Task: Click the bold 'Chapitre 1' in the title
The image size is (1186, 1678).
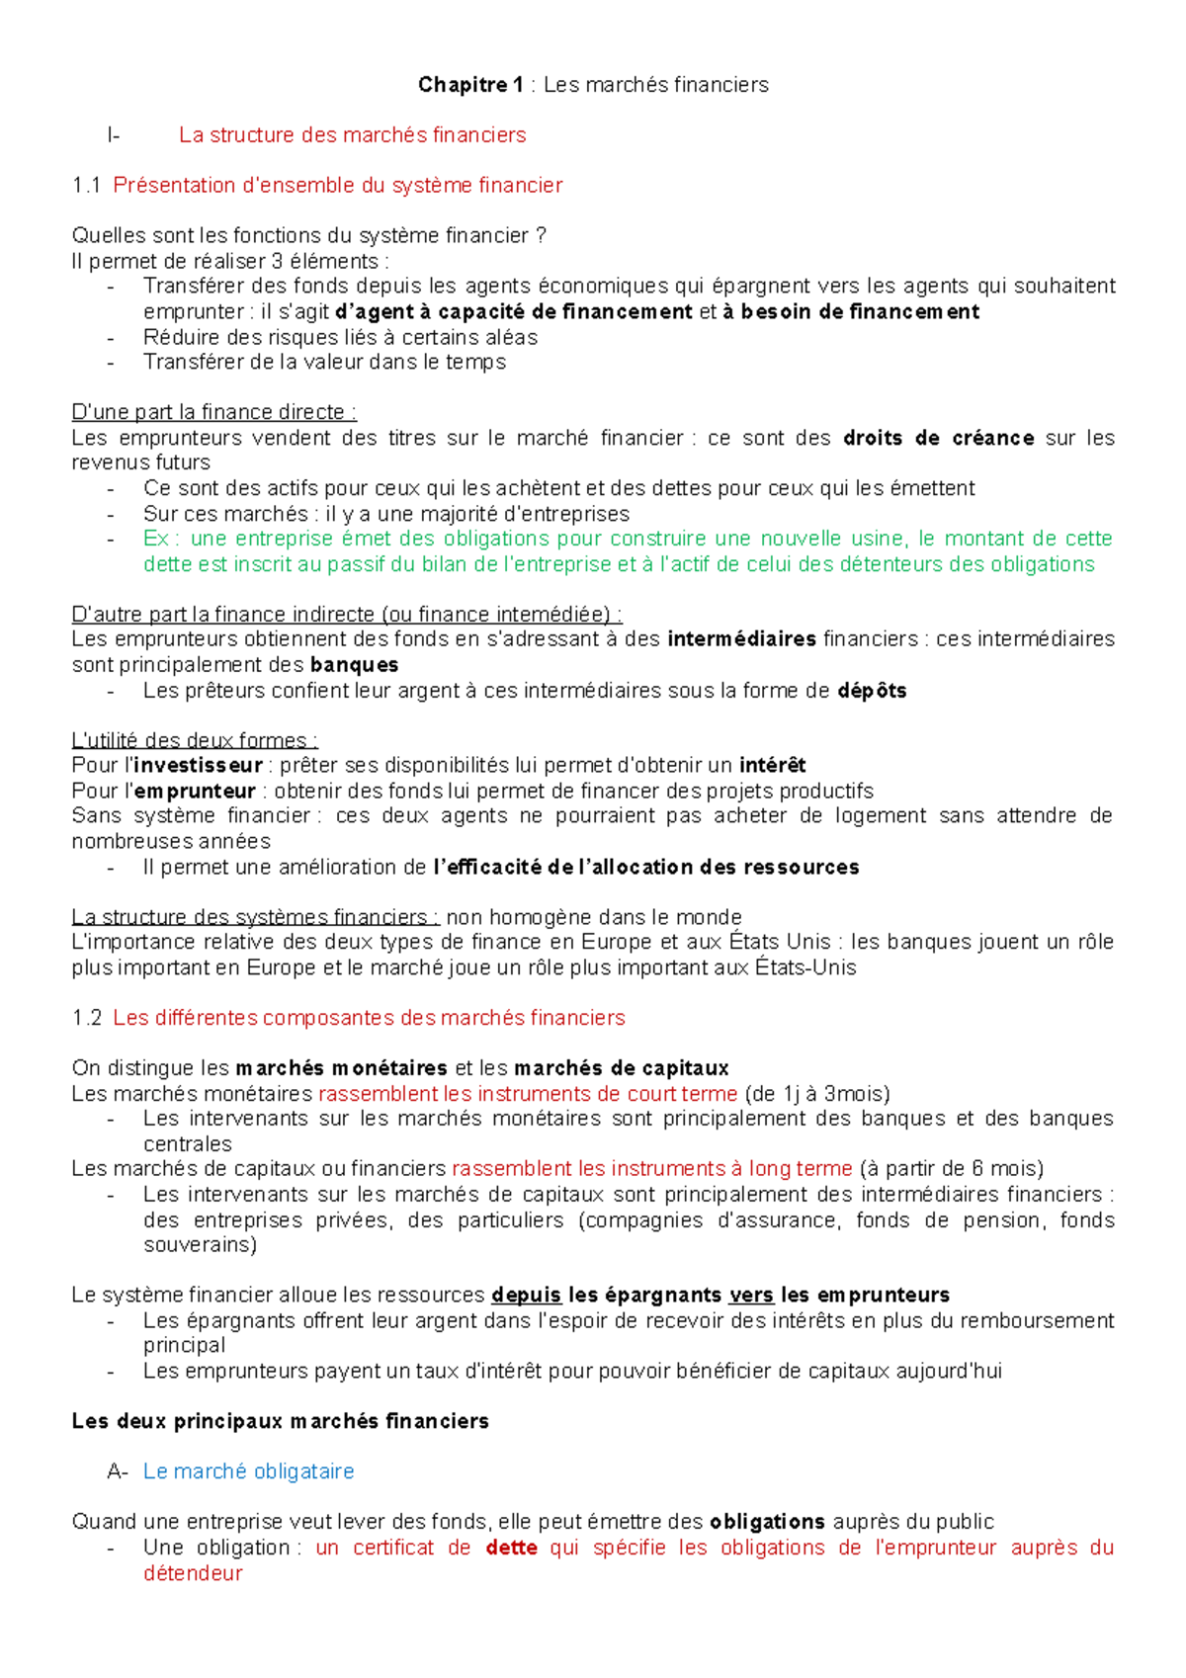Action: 470,85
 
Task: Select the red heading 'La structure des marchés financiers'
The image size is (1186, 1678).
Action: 352,135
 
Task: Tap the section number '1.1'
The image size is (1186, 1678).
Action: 87,186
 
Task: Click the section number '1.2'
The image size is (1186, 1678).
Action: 87,1018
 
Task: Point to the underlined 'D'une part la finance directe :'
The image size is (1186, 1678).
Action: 213,412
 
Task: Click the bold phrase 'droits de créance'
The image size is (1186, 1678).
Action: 938,438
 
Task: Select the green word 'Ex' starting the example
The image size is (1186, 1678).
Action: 156,539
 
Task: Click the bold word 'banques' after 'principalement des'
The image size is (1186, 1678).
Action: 354,665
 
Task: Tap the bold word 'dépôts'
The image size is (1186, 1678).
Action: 872,691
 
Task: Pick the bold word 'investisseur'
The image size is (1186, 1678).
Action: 198,766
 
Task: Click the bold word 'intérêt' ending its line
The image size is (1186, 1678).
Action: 772,766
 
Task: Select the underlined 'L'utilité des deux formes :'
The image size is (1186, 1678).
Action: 195,740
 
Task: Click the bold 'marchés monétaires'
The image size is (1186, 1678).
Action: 341,1068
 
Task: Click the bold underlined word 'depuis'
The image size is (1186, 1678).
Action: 526,1296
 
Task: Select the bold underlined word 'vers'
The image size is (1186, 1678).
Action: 751,1296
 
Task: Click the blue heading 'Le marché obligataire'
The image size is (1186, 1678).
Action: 248,1471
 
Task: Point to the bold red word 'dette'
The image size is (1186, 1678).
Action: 511,1548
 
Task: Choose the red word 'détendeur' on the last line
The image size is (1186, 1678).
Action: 193,1573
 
